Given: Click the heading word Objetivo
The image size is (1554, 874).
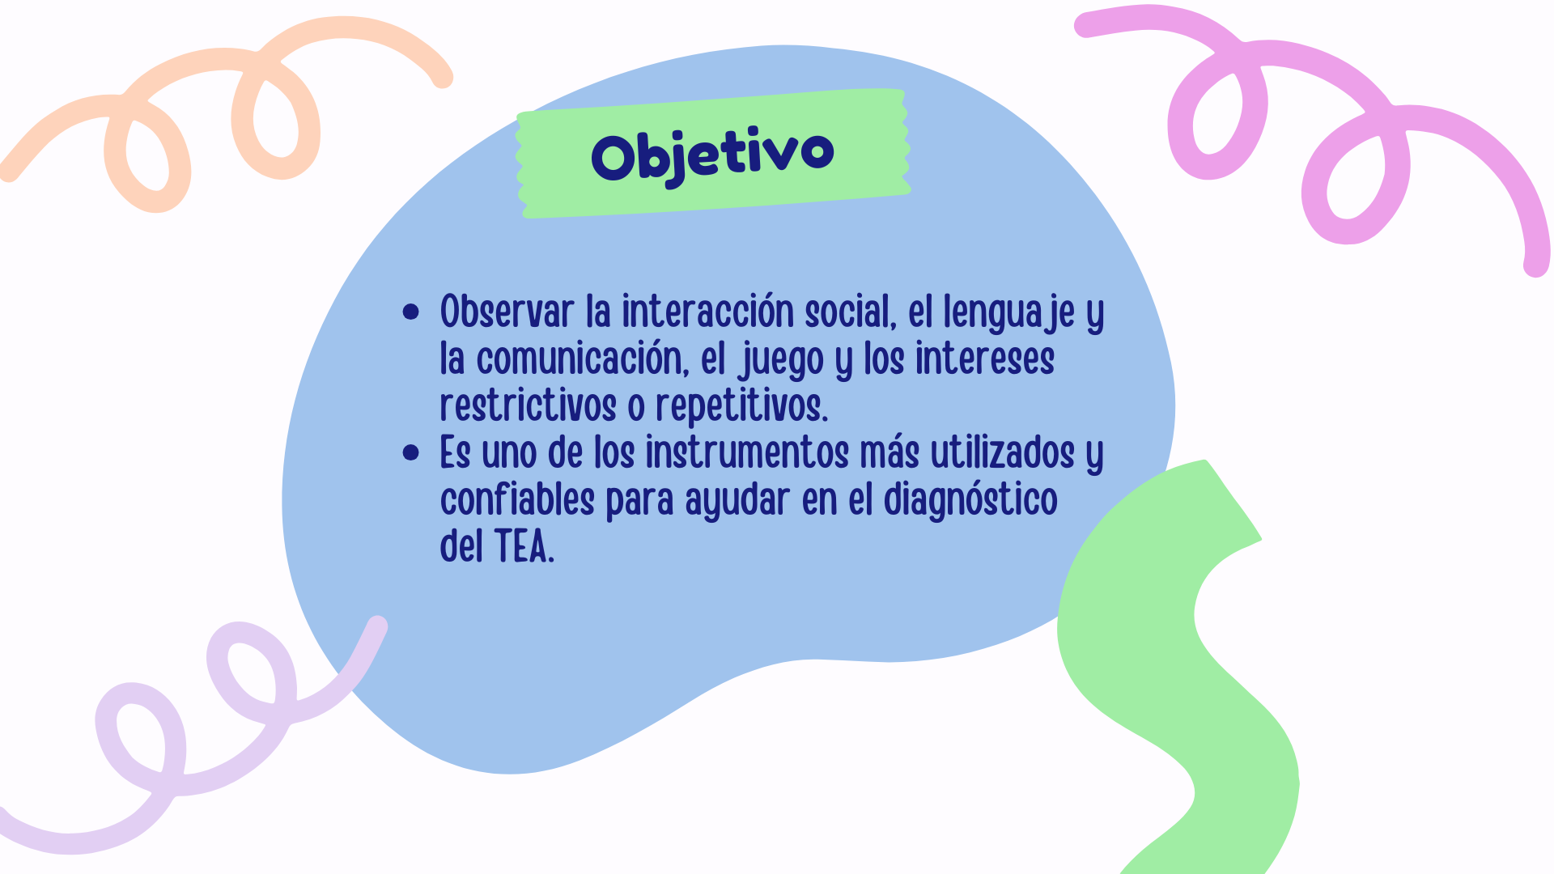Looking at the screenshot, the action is tap(712, 155).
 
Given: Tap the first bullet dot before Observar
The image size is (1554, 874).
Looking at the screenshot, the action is tap(411, 312).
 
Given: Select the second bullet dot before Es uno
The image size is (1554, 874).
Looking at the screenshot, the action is tap(411, 452).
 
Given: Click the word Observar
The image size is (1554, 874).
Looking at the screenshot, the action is tap(507, 312).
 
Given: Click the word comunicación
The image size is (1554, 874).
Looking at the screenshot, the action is tap(582, 359).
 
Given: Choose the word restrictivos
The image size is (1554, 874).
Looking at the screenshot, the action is tap(528, 405).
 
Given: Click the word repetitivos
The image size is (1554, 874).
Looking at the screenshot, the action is tap(741, 407).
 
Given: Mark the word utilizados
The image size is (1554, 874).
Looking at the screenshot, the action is tap(1002, 452).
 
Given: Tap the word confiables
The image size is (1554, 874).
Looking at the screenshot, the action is tap(517, 499).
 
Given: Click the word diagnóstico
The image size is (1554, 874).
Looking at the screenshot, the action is tap(970, 500).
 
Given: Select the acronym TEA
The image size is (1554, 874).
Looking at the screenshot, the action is tap(524, 546).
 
